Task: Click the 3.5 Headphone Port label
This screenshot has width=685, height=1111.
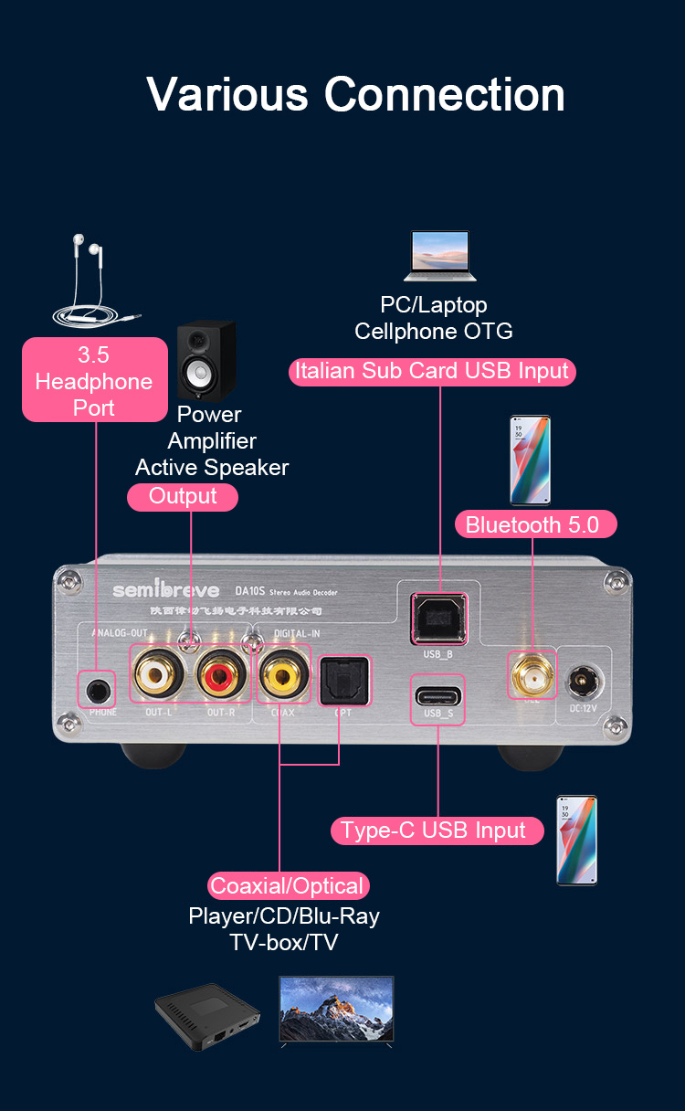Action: click(94, 380)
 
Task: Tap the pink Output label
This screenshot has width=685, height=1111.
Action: click(183, 497)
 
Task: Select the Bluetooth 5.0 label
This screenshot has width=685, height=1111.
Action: click(535, 524)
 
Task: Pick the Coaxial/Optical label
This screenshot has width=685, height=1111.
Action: click(288, 885)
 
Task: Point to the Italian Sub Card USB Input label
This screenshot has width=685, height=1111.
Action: click(432, 371)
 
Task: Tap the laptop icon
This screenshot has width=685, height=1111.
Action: click(440, 256)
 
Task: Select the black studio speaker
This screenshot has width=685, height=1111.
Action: click(206, 362)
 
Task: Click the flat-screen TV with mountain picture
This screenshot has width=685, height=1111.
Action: click(336, 1010)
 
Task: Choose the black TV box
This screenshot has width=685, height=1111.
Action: click(207, 1016)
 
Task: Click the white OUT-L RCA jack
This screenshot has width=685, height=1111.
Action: click(159, 676)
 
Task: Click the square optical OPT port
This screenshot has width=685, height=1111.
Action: click(343, 682)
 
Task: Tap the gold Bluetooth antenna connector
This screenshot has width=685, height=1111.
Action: click(531, 678)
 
